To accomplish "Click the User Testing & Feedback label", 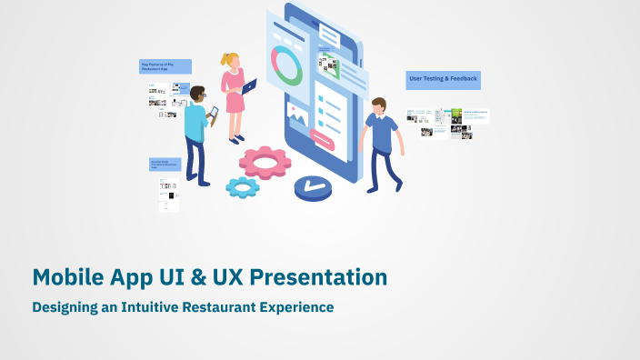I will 443,80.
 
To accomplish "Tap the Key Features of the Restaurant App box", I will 165,66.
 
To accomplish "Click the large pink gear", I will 265,163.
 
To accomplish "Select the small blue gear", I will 243,187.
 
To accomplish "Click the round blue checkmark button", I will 314,188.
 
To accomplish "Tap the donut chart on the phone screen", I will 287,65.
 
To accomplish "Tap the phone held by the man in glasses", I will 215,113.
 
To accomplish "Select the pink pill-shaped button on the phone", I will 323,138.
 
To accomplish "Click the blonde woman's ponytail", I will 224,60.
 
